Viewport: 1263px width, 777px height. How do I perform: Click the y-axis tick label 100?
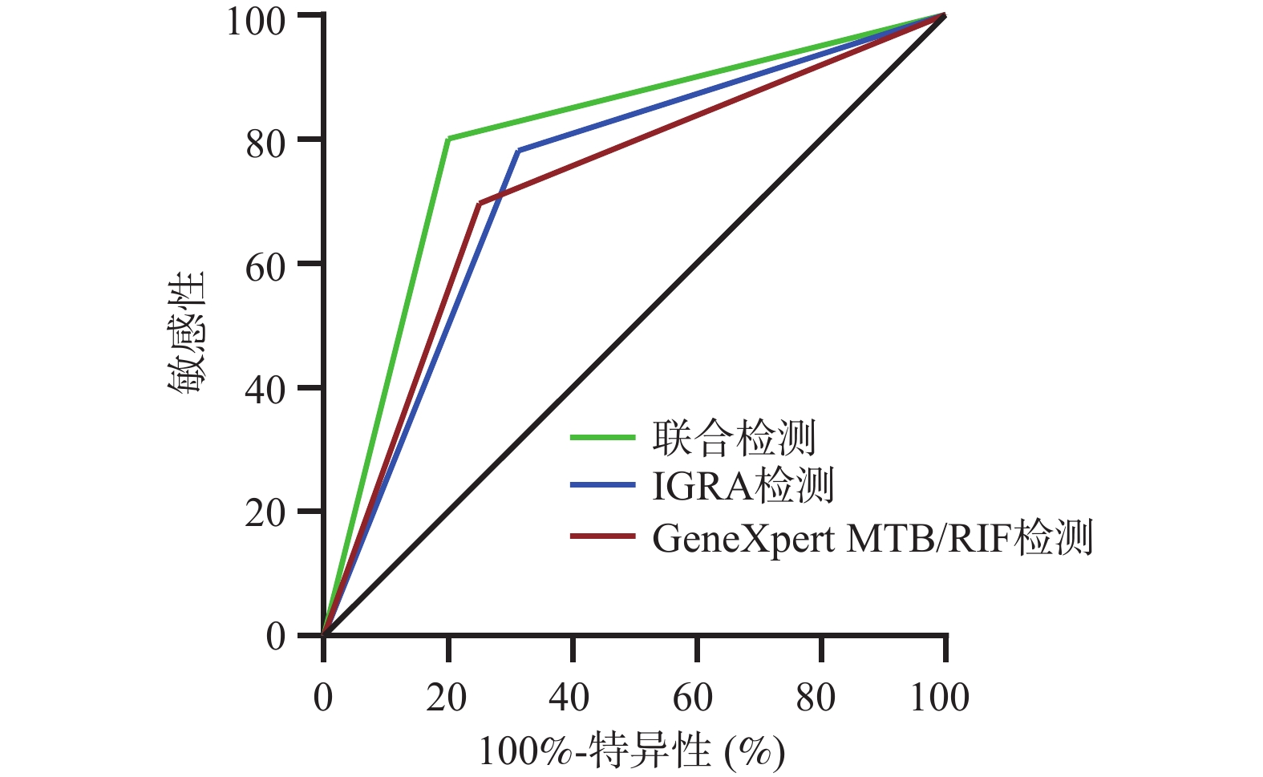[x=256, y=21]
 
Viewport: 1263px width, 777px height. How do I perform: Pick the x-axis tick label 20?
[x=447, y=698]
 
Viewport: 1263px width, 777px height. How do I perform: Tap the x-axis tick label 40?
[x=571, y=698]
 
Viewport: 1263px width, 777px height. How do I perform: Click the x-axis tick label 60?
[x=694, y=698]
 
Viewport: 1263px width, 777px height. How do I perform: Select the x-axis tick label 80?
[x=818, y=698]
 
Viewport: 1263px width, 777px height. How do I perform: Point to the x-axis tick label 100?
[x=940, y=698]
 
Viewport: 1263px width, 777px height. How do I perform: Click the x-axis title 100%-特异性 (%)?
[x=632, y=752]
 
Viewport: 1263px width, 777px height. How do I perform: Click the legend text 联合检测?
[x=733, y=438]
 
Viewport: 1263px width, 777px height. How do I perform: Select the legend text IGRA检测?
[x=743, y=486]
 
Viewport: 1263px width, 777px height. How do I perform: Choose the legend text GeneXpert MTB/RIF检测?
[x=872, y=537]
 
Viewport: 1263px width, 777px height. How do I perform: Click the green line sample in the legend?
[x=603, y=438]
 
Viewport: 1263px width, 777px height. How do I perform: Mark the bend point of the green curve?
[x=448, y=139]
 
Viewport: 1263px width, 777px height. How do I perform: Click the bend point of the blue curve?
[x=518, y=151]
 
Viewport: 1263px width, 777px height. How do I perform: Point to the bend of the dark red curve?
[x=479, y=204]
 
